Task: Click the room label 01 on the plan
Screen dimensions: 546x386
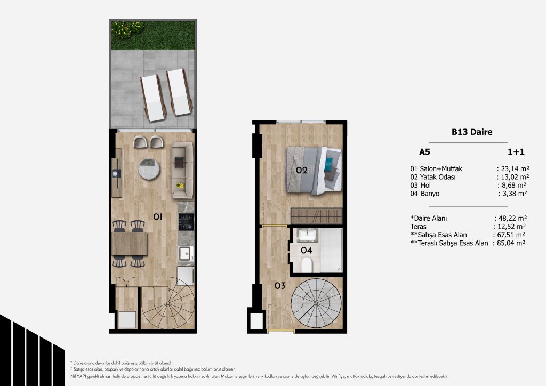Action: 158,217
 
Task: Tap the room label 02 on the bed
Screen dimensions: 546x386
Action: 302,170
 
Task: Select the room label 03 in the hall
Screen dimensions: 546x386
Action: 279,286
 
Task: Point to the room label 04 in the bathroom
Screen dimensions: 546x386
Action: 307,250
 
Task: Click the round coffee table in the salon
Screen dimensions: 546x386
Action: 149,169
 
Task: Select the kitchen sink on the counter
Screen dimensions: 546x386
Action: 185,253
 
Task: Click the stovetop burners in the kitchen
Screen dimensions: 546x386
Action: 186,222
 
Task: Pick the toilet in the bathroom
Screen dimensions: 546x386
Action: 307,265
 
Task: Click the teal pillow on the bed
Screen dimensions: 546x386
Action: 328,165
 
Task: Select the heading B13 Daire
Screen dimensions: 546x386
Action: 472,132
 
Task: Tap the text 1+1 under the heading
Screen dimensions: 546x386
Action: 516,152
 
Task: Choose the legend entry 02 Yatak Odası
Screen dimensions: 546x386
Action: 433,177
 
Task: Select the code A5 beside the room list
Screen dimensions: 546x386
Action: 424,152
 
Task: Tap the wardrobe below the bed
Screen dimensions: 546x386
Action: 317,216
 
